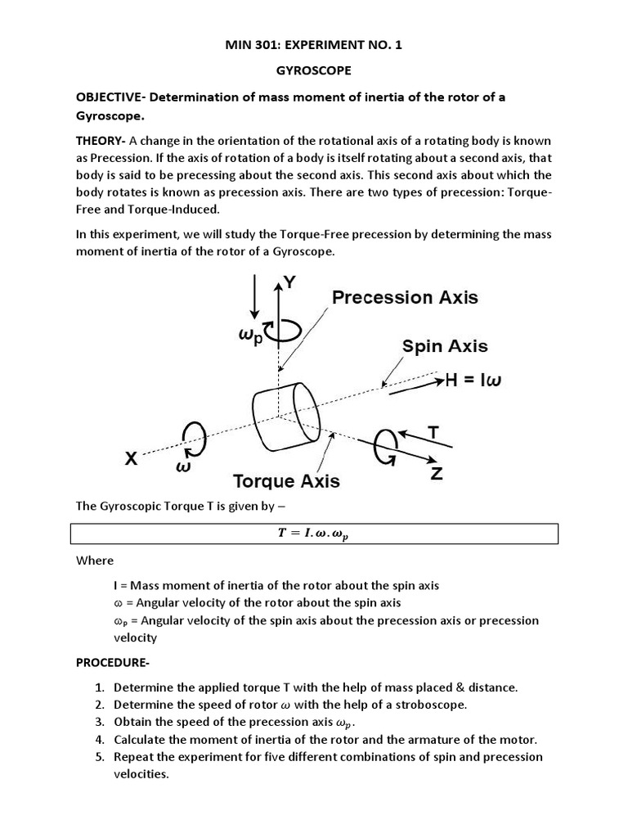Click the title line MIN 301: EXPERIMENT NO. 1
click(314, 46)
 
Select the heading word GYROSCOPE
click(314, 71)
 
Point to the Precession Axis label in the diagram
click(406, 297)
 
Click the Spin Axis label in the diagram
click(445, 346)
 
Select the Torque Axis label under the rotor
click(287, 480)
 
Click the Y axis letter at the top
click(290, 284)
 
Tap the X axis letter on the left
click(131, 460)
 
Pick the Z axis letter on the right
click(437, 474)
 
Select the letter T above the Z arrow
click(433, 431)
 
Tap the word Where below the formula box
click(95, 561)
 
